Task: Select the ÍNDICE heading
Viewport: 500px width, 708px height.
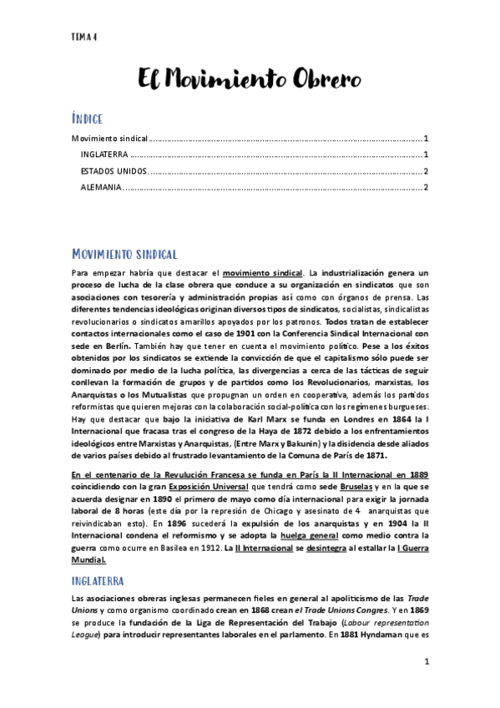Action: (x=90, y=119)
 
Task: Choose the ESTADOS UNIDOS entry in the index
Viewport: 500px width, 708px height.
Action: (x=115, y=171)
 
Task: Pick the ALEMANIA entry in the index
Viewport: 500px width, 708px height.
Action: (x=100, y=187)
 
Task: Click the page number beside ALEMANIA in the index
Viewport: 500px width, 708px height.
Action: (x=426, y=187)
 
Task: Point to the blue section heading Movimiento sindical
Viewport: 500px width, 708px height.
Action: (x=124, y=254)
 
